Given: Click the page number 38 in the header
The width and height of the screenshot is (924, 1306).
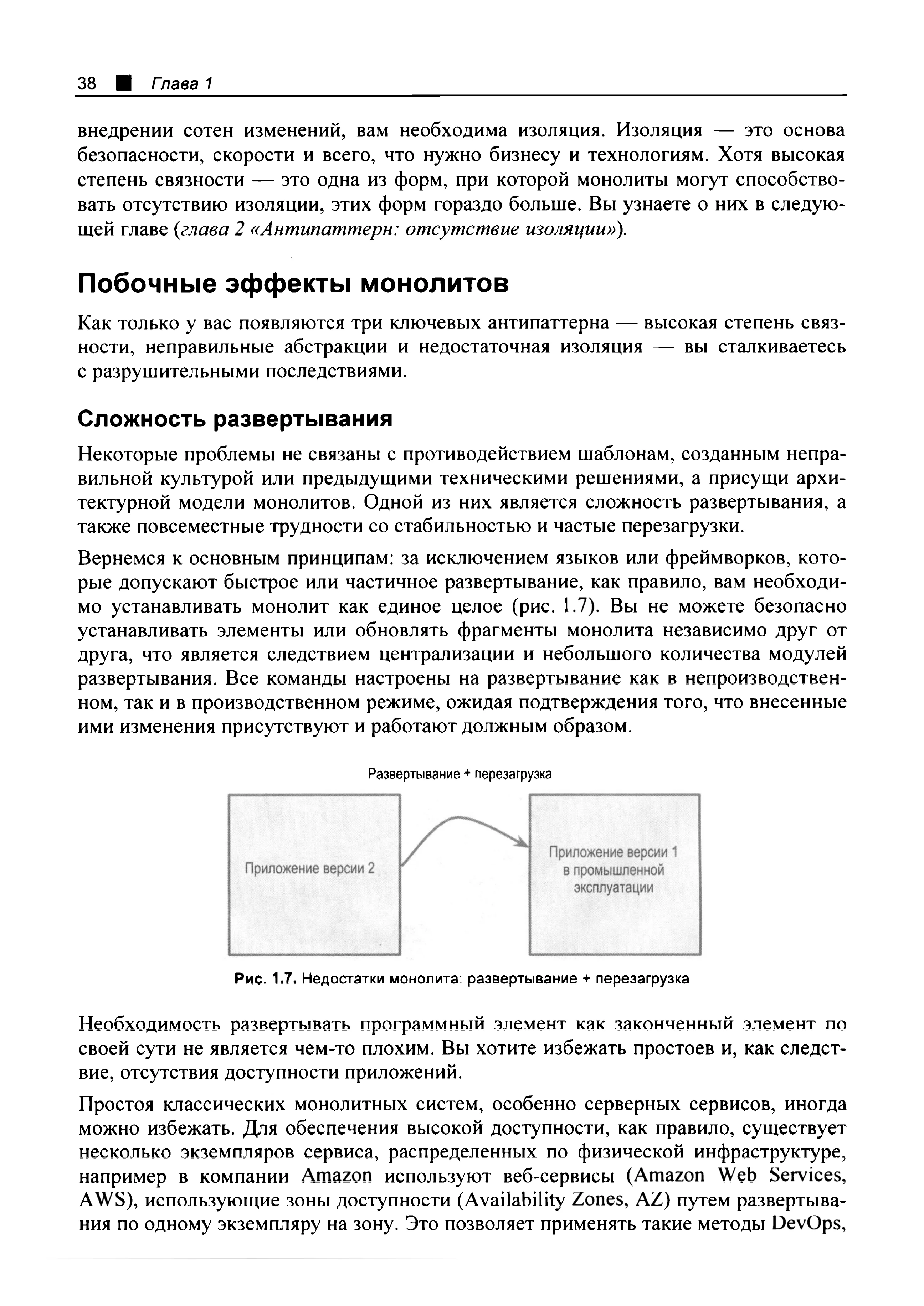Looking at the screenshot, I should (x=87, y=84).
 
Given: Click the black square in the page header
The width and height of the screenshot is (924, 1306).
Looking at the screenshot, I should (x=123, y=84).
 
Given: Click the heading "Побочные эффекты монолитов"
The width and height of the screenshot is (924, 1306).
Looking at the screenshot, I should (x=293, y=283).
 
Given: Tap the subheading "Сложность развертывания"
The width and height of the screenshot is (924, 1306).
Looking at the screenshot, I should (x=235, y=419).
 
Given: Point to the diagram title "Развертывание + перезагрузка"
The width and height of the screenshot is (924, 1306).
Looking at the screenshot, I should (x=460, y=774).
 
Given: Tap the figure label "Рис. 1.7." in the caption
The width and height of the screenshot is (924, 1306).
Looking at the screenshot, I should (x=266, y=979).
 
